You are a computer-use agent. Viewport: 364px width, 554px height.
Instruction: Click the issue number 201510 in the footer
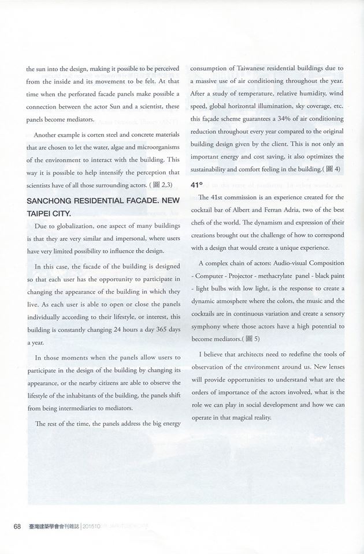pos(92,526)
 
